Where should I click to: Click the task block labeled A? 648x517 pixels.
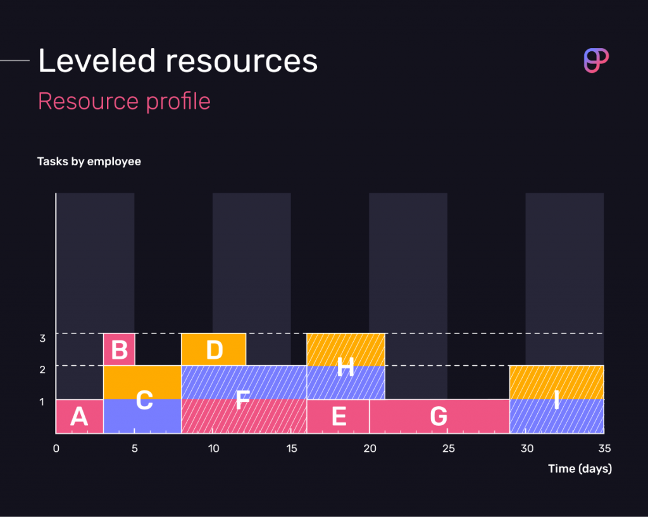pyautogui.click(x=79, y=416)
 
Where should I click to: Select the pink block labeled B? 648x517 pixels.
pyautogui.click(x=119, y=349)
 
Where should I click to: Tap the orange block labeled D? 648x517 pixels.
pyautogui.click(x=214, y=349)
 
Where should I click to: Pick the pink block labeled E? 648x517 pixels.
pyautogui.click(x=338, y=416)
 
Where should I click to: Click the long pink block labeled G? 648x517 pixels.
pyautogui.click(x=439, y=416)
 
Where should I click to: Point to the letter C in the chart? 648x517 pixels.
pyautogui.click(x=144, y=400)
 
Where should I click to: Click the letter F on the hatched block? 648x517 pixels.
pyautogui.click(x=242, y=400)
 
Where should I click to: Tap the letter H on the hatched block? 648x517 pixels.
pyautogui.click(x=345, y=366)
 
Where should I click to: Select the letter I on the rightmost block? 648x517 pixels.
pyautogui.click(x=556, y=400)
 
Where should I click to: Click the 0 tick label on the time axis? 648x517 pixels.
pyautogui.click(x=56, y=449)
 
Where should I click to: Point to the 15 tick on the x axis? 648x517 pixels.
pyautogui.click(x=292, y=449)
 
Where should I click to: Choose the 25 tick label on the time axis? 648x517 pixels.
pyautogui.click(x=449, y=449)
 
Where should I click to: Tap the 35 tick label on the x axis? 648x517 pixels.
pyautogui.click(x=605, y=449)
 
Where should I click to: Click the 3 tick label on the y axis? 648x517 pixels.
pyautogui.click(x=42, y=339)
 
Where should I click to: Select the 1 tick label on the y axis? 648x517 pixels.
pyautogui.click(x=42, y=402)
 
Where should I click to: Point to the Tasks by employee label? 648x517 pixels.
pyautogui.click(x=89, y=161)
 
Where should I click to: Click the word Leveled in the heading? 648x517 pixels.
pyautogui.click(x=97, y=61)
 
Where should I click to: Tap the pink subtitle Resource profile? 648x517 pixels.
pyautogui.click(x=124, y=101)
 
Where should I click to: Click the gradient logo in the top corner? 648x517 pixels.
pyautogui.click(x=595, y=61)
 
